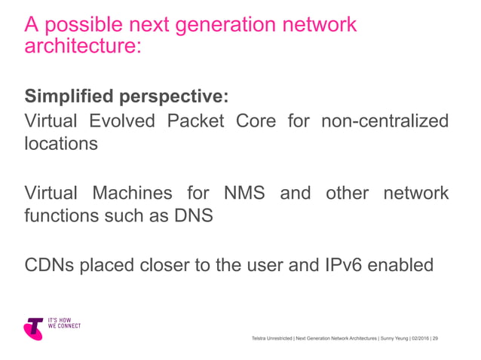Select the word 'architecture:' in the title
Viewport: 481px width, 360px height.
tap(83, 47)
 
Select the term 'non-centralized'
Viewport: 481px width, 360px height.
tap(384, 121)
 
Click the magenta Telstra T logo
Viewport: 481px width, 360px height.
tap(34, 328)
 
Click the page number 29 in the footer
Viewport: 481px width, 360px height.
tap(435, 339)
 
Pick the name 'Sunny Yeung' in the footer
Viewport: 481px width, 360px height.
tap(391, 339)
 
